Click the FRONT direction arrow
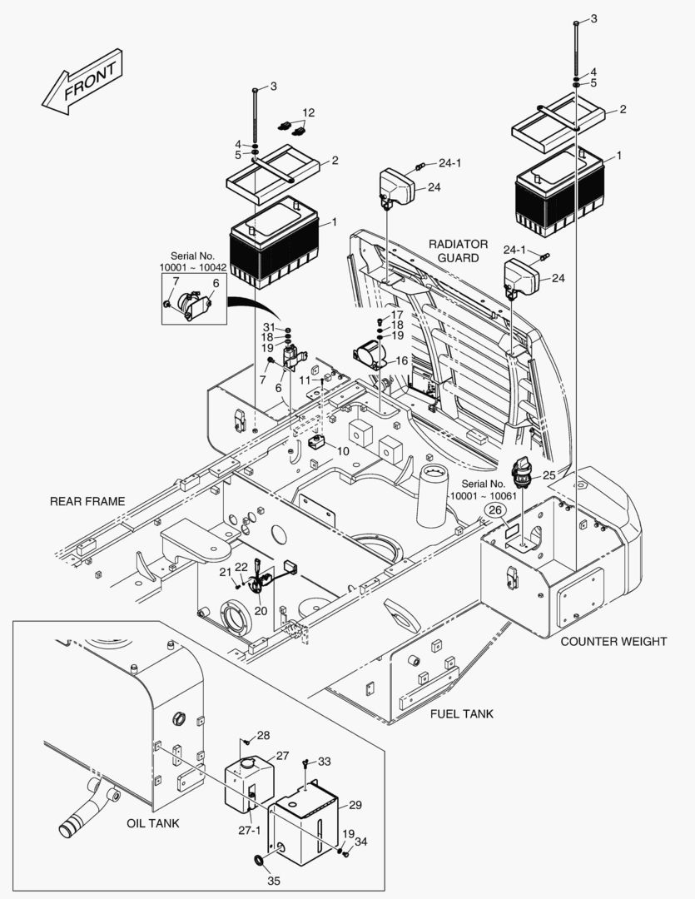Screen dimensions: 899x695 point(83,81)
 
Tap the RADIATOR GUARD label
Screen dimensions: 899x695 point(458,251)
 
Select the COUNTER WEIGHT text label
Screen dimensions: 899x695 point(613,641)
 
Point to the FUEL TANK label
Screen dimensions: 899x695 point(461,713)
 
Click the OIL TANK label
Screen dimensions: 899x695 point(153,823)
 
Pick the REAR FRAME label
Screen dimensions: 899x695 point(87,501)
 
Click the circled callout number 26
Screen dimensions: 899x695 point(495,510)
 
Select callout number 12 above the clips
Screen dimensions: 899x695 point(309,112)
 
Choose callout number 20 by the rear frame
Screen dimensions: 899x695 point(261,610)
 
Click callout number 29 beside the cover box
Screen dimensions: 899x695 point(355,805)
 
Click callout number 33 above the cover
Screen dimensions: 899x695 point(324,761)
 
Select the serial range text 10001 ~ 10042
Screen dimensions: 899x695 point(193,268)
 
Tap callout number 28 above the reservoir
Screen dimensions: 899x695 point(263,735)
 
